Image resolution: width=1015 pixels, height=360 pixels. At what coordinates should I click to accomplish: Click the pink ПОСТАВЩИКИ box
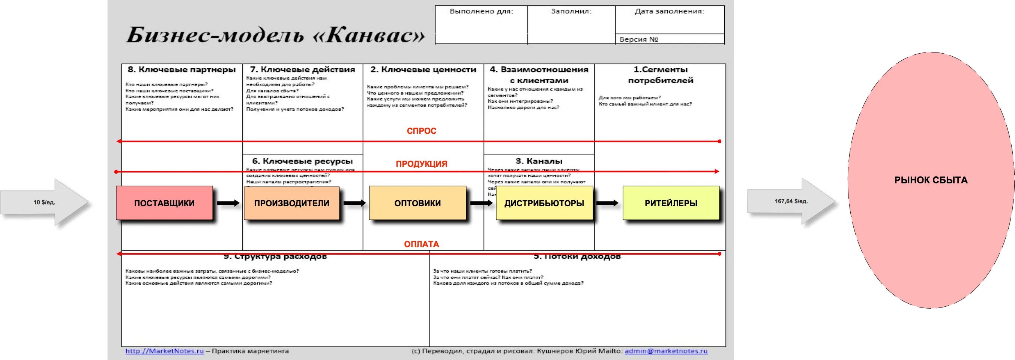(x=164, y=203)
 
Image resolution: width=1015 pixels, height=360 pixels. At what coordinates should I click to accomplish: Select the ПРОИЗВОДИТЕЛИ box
(x=291, y=203)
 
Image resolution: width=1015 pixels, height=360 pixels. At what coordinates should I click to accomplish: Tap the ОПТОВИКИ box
(x=417, y=203)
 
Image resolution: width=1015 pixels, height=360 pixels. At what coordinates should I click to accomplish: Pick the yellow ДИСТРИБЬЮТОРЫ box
(x=544, y=203)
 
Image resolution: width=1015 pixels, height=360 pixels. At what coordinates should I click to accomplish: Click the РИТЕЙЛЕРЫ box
(x=671, y=203)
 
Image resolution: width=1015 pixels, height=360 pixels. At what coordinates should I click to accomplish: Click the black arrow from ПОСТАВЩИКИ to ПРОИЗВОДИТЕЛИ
(x=228, y=203)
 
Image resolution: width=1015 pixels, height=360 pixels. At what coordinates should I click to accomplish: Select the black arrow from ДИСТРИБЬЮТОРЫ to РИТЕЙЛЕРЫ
(x=607, y=203)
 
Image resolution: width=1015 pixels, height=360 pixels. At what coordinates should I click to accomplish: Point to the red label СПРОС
(x=421, y=131)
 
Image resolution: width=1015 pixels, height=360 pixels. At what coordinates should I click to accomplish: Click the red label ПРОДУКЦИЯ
(x=421, y=164)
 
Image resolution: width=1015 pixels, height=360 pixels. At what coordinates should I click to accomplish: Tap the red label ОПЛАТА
(x=421, y=244)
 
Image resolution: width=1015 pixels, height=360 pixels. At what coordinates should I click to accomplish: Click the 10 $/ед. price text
(x=44, y=202)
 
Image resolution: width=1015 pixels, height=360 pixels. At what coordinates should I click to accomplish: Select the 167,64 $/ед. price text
(x=791, y=201)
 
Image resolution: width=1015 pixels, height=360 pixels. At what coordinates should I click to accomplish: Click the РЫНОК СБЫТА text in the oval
(x=931, y=180)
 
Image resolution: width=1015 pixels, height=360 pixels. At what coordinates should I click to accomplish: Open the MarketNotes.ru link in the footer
(x=165, y=351)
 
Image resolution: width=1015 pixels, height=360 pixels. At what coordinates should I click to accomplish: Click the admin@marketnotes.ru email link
(x=666, y=351)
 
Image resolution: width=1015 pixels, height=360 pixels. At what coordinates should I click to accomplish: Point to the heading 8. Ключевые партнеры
(x=182, y=70)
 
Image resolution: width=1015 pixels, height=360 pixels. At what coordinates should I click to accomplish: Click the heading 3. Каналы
(x=539, y=161)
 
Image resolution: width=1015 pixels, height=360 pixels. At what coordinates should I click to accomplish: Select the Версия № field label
(x=639, y=39)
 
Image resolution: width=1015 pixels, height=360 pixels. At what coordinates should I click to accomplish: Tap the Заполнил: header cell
(x=571, y=11)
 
